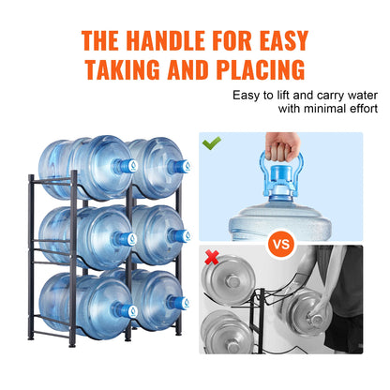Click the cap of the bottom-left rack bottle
pyautogui.click(x=124, y=302)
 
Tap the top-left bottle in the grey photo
pyautogui.click(x=225, y=280)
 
